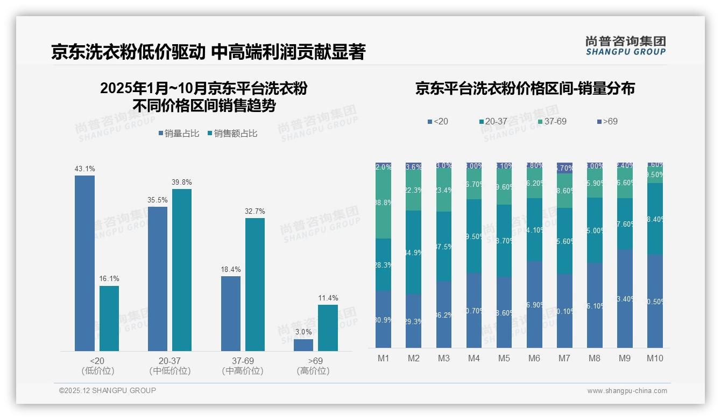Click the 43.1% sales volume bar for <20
click(84, 263)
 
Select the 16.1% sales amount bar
click(109, 318)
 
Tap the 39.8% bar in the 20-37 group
click(182, 270)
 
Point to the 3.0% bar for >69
click(303, 345)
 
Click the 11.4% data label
click(328, 298)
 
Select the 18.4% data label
click(231, 269)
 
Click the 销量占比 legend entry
click(180, 134)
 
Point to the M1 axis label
click(383, 359)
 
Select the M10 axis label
click(655, 359)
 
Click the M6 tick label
click(534, 359)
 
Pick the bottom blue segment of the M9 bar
click(625, 298)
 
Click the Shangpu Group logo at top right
click(625, 45)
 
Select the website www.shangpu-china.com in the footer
click(627, 391)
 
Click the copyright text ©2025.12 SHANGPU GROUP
click(108, 390)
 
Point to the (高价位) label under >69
click(313, 371)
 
